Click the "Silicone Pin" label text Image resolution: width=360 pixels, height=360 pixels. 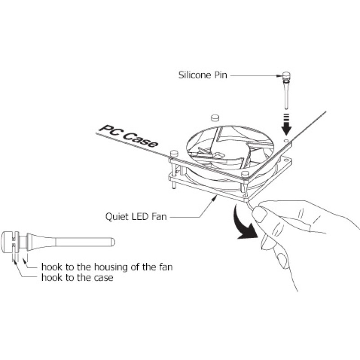coord(203,75)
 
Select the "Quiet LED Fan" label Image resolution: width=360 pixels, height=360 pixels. coord(136,216)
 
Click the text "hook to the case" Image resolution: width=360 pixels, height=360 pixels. coord(77,278)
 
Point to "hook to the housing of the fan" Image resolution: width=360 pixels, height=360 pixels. coord(107,267)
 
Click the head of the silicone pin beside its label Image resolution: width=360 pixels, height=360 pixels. coord(286,76)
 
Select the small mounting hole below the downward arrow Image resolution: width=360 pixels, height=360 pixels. coord(286,140)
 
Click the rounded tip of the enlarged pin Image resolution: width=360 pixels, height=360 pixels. coord(113,242)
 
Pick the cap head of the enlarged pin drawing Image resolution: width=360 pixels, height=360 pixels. coord(7,242)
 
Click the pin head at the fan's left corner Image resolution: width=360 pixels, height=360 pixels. coord(174,153)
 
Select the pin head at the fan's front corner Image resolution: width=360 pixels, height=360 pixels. coord(245,174)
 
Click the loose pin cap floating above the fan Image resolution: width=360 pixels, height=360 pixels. coord(215,117)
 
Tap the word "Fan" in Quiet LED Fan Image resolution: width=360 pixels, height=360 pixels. coord(159,216)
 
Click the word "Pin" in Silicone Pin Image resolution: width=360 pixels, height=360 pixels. coord(221,75)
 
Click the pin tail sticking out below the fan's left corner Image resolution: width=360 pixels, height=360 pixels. coord(175,186)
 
